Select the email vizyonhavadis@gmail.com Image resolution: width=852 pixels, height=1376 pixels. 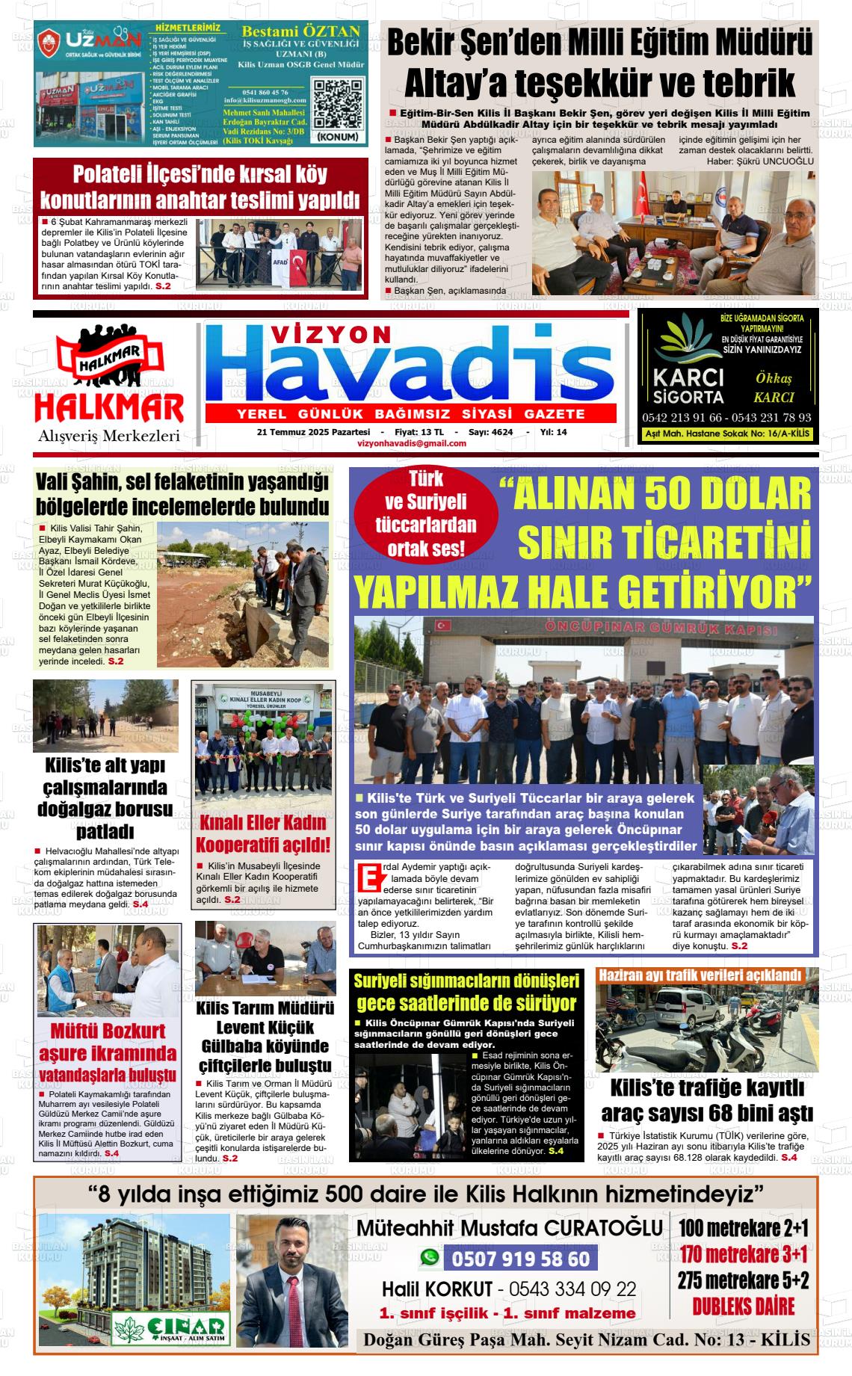tap(412, 443)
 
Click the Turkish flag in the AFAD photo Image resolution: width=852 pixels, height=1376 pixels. tap(299, 262)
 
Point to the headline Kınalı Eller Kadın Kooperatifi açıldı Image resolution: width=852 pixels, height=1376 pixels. tap(262, 833)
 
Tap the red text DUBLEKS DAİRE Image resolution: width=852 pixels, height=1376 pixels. tap(743, 1306)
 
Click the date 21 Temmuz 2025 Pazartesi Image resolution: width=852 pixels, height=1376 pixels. tap(313, 432)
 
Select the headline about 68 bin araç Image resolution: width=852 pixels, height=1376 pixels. tap(706, 1101)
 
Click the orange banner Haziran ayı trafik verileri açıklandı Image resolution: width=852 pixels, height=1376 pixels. tap(700, 975)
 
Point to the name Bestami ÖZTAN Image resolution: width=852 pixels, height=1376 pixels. tap(301, 31)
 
